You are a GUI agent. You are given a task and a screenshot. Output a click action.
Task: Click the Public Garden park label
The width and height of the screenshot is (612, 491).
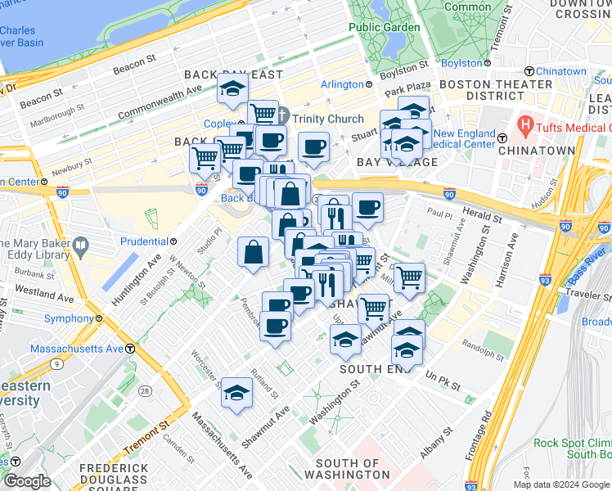point(384,27)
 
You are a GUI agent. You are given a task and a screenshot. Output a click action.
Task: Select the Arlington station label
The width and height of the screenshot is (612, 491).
point(342,84)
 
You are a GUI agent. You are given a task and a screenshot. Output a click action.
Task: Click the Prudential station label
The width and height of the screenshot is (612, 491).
point(145,241)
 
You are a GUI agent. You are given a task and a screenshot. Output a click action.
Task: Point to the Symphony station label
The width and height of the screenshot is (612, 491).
point(70,318)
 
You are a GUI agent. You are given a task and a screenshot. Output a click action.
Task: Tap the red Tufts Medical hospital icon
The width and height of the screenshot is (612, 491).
point(524,127)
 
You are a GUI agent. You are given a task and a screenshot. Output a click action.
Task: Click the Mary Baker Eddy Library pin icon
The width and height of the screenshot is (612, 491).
point(80,245)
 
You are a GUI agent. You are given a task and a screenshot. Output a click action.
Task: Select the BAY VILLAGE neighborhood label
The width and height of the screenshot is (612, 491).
point(397,162)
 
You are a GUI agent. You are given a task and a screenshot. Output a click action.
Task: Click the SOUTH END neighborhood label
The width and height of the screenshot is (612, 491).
point(372,369)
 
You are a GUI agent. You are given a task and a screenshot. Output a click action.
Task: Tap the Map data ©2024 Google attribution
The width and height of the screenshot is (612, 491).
point(561,484)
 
